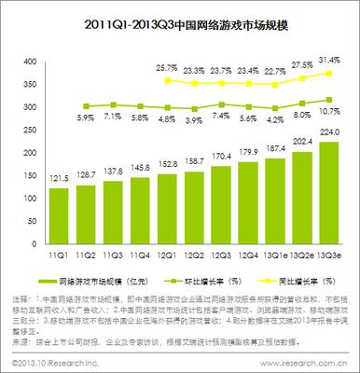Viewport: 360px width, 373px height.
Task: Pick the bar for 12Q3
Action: point(221,190)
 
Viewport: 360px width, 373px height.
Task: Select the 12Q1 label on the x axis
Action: point(167,228)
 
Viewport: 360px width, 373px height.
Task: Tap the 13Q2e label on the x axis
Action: point(301,228)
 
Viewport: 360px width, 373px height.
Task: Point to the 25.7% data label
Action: point(167,68)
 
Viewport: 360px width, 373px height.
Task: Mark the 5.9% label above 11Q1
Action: point(59,118)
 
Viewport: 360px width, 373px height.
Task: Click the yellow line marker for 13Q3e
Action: point(328,73)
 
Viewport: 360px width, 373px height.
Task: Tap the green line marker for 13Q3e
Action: point(328,100)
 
